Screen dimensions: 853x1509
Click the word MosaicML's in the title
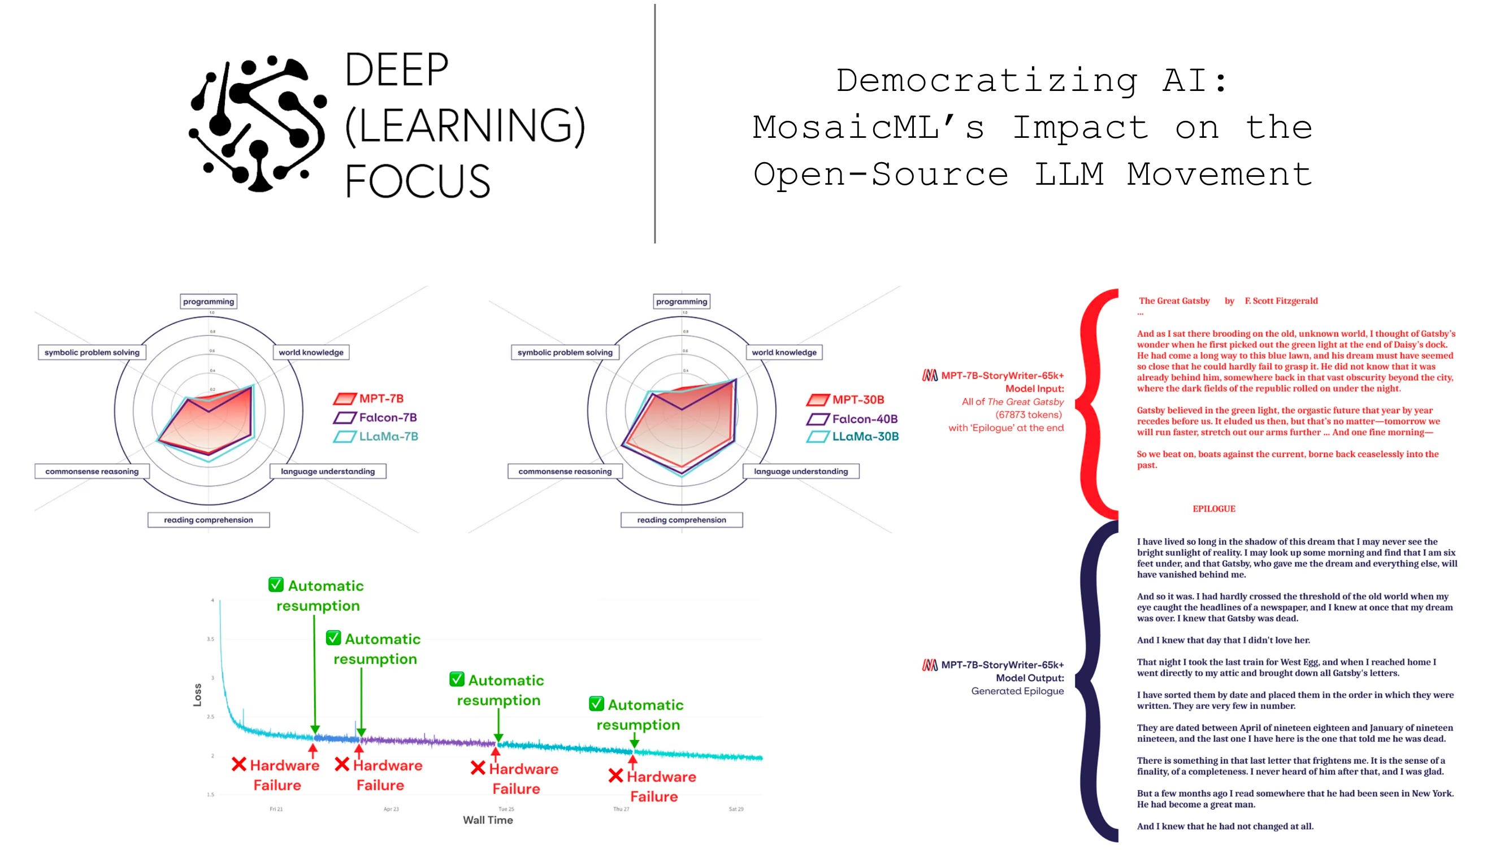tap(868, 127)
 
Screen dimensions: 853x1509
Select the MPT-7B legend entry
tap(380, 399)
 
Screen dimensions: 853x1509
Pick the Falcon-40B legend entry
tap(864, 419)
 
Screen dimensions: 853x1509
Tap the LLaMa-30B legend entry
tap(864, 437)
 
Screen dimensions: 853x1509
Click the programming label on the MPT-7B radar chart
tap(209, 302)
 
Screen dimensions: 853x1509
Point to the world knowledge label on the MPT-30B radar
tap(783, 352)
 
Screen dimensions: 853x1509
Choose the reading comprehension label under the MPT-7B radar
tap(209, 520)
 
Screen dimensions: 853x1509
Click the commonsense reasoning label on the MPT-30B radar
tap(565, 472)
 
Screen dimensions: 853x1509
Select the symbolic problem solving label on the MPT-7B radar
tap(92, 352)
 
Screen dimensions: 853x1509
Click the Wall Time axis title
tap(488, 820)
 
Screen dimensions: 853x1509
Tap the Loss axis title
tap(197, 695)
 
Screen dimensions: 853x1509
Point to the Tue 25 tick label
tap(506, 809)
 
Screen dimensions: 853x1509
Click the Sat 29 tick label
tap(736, 809)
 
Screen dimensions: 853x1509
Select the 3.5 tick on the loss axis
tap(210, 639)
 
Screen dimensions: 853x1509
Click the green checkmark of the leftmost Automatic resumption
tap(276, 585)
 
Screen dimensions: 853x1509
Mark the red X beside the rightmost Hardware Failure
tap(615, 776)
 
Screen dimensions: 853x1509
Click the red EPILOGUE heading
tap(1213, 509)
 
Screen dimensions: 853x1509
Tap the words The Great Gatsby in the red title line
tap(1174, 301)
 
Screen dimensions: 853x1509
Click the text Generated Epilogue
tap(1017, 691)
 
